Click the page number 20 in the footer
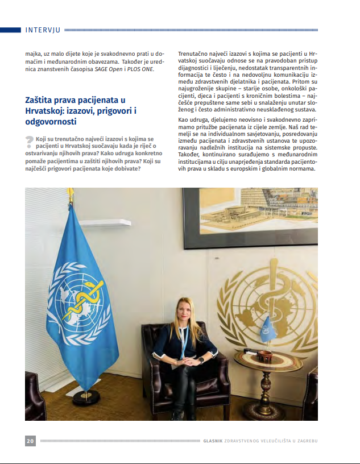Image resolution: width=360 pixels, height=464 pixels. (x=31, y=441)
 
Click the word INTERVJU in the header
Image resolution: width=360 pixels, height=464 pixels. (x=43, y=30)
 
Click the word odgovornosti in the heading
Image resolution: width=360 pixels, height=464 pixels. (x=50, y=122)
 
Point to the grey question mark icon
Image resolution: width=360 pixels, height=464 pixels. (x=30, y=143)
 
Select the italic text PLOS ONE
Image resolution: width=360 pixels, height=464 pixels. (x=141, y=69)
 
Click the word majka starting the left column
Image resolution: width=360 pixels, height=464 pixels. (x=33, y=53)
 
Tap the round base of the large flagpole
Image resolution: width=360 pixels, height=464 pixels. (x=86, y=396)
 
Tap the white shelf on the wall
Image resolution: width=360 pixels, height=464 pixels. (x=105, y=222)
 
